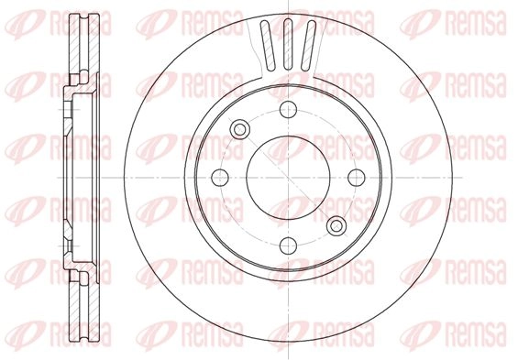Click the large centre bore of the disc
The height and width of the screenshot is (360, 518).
(x=288, y=178)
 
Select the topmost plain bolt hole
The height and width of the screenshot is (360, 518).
(x=288, y=110)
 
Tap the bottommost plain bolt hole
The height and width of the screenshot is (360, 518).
(x=288, y=245)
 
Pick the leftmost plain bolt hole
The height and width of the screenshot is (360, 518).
(x=220, y=178)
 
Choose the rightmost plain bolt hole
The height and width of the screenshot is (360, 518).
(x=357, y=178)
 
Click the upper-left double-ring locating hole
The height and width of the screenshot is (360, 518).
(x=240, y=129)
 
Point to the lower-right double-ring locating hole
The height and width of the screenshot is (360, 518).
(x=336, y=226)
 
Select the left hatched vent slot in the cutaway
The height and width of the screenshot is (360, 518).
(x=268, y=45)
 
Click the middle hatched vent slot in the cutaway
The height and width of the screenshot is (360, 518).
(x=288, y=44)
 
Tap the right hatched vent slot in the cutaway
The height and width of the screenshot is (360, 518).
(x=309, y=45)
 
